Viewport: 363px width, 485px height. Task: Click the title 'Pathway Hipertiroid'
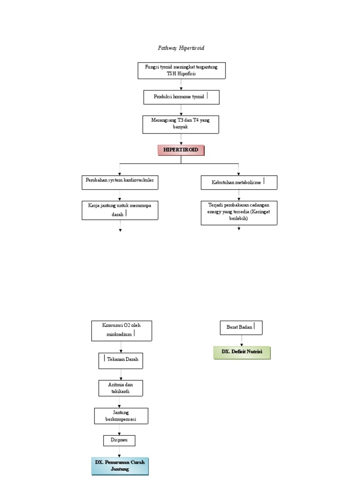pos(181,48)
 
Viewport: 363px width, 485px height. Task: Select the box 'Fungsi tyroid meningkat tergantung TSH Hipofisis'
pos(181,71)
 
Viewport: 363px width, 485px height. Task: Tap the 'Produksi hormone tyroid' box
pos(181,97)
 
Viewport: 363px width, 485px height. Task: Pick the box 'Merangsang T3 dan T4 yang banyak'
pos(181,124)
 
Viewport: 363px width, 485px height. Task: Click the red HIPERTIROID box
pos(181,150)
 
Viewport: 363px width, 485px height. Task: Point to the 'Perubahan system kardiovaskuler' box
pos(120,182)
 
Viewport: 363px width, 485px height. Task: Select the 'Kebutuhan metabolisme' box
pos(239,182)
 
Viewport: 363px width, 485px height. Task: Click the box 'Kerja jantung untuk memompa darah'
pos(120,210)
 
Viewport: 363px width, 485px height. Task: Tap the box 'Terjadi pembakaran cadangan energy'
pos(239,213)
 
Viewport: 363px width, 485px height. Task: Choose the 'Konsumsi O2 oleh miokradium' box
pos(121,330)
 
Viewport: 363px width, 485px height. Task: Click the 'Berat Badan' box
pos(241,327)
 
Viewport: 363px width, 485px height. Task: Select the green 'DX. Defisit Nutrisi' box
pos(242,352)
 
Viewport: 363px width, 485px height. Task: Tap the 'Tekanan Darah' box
pos(121,361)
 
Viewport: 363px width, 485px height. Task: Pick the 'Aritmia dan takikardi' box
pos(121,388)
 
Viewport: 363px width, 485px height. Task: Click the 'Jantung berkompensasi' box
pos(121,416)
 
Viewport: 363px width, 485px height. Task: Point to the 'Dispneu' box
pos(119,440)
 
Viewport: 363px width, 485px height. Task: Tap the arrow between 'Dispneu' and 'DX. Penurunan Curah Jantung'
pos(119,451)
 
